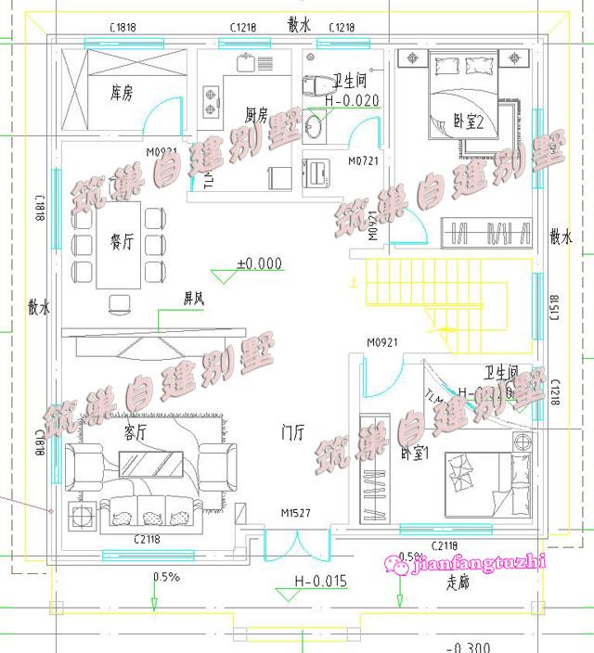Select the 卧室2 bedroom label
(x=469, y=120)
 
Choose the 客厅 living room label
(x=136, y=432)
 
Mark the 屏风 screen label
(x=193, y=300)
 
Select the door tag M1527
(x=295, y=512)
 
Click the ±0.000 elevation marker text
(x=259, y=263)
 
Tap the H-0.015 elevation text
(x=320, y=582)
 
